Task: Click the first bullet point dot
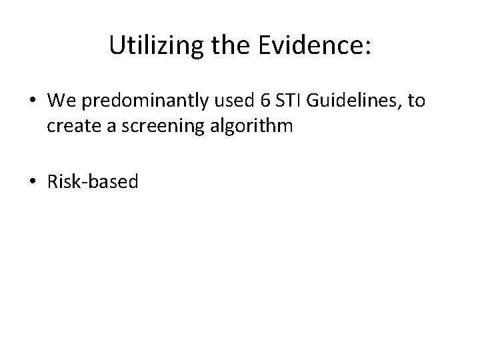33,102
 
